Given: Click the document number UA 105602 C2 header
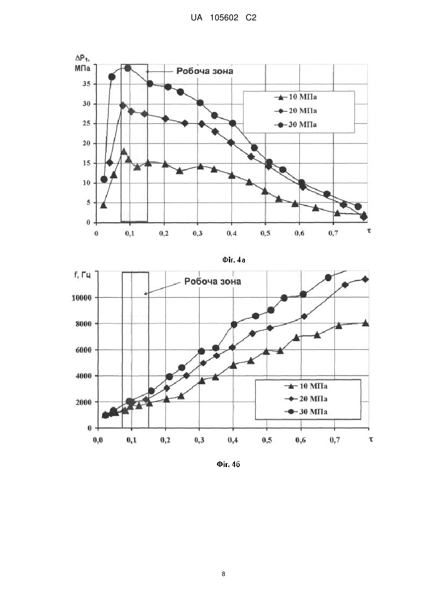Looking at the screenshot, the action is point(223,18).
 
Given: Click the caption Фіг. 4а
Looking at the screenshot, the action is point(234,260).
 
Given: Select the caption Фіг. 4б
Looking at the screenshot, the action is point(228,464).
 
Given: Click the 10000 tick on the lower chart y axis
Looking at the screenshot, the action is point(82,298).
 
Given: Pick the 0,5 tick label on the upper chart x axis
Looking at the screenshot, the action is point(265,233).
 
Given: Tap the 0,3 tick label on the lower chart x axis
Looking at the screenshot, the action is point(199,440).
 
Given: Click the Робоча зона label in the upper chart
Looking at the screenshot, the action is point(205,71).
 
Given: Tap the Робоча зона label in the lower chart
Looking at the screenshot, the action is point(213,281).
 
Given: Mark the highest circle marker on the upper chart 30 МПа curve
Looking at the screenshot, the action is point(128,68).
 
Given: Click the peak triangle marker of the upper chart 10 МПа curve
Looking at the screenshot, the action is point(123,151).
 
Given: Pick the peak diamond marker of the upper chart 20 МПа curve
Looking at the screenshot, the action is point(123,106).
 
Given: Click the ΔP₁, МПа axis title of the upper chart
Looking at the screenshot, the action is point(83,63).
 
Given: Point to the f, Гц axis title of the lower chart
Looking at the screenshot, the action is point(83,275).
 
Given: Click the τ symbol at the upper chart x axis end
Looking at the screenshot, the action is point(369,230).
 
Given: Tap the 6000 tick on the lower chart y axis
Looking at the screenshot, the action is point(84,350).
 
